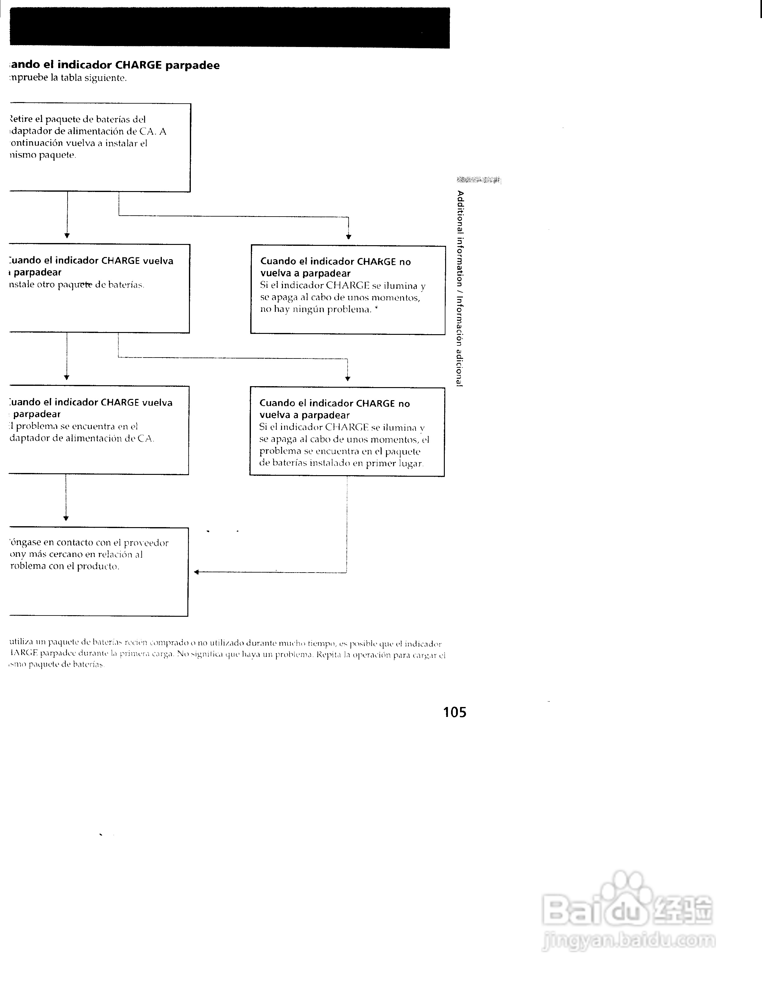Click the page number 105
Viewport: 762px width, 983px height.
(x=454, y=712)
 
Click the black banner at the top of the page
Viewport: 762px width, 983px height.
(x=230, y=28)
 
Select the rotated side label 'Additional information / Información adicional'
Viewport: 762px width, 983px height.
(x=460, y=288)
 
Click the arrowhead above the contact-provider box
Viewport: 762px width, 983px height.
(x=66, y=518)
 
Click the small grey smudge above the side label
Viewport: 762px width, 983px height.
(x=478, y=180)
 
